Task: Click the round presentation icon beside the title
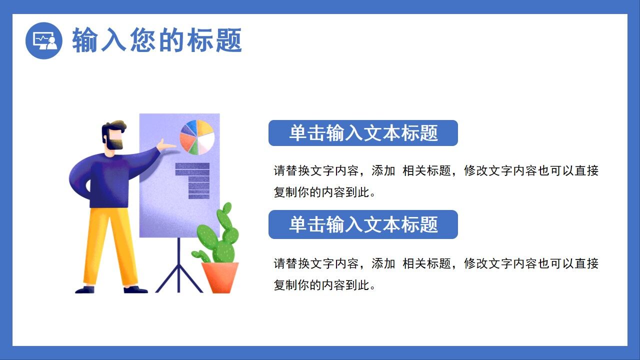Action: [x=44, y=40]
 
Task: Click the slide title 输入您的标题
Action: [x=157, y=40]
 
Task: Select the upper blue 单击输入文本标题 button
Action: [x=363, y=133]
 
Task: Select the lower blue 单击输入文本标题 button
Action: [x=363, y=224]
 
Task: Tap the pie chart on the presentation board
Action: [x=197, y=136]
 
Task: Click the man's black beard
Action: [x=114, y=144]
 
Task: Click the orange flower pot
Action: [x=220, y=277]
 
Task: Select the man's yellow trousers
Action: [x=107, y=245]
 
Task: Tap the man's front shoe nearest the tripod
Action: [x=135, y=289]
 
